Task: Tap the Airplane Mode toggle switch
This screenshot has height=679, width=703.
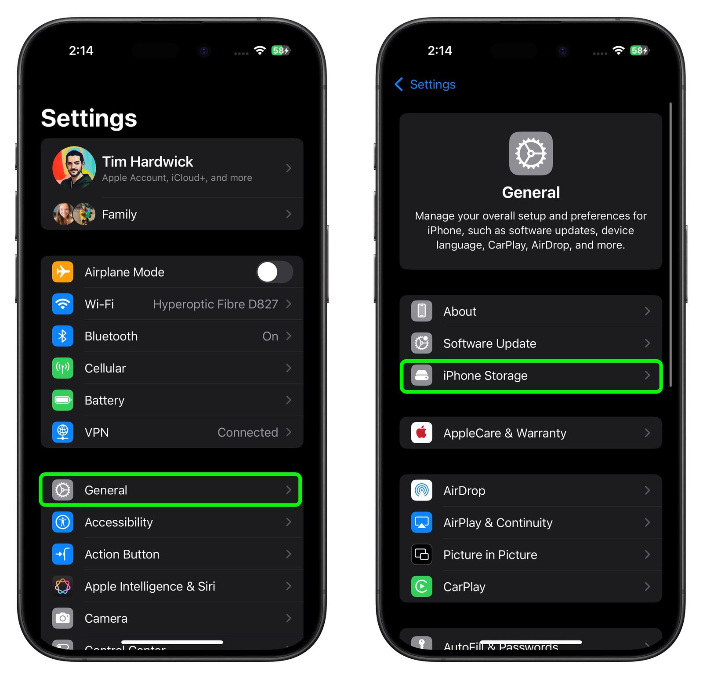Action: coord(275,272)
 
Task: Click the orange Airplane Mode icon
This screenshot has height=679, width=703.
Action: coord(63,272)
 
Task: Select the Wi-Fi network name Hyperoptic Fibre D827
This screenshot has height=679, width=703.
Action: coord(215,304)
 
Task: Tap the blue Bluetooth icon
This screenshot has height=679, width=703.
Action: coord(63,336)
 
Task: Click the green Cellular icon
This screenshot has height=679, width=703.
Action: coord(63,368)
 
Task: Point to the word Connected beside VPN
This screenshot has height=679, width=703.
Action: coord(247,432)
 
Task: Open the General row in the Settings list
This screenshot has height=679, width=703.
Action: coord(170,490)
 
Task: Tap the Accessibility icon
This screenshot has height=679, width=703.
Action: coord(63,522)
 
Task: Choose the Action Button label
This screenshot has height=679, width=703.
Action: coord(122,554)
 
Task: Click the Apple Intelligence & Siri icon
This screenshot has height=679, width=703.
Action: coord(63,586)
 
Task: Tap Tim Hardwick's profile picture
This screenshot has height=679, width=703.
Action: coord(74,168)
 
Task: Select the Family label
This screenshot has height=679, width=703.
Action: coord(119,214)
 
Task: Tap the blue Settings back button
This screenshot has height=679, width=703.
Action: coord(425,84)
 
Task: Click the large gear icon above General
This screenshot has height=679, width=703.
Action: coord(531,153)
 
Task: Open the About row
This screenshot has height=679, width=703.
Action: coord(531,311)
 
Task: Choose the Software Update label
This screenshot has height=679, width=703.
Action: coord(489,343)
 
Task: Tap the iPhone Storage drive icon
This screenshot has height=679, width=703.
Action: coord(421,376)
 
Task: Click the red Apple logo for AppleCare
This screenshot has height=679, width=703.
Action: coord(421,433)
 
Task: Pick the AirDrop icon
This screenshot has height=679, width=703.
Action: coord(421,490)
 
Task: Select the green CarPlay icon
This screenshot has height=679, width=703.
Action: coord(421,587)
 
